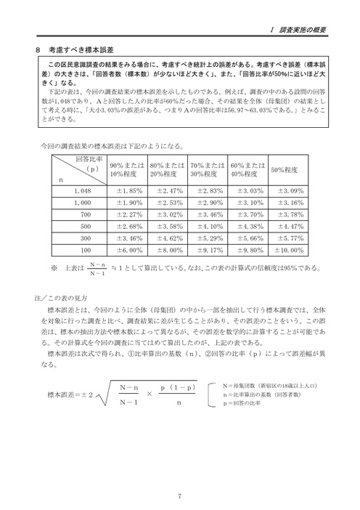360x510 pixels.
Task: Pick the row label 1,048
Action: (x=81, y=190)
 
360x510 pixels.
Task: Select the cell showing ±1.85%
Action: (x=128, y=190)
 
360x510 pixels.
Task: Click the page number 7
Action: (x=179, y=477)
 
